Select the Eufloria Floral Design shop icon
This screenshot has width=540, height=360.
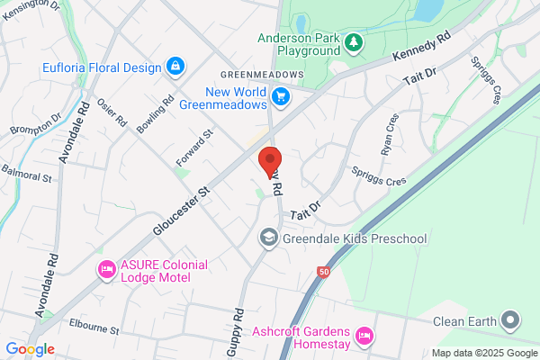pyautogui.click(x=175, y=67)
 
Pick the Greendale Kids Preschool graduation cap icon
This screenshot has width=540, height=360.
pyautogui.click(x=268, y=238)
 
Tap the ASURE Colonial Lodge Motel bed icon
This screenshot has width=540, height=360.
pyautogui.click(x=106, y=269)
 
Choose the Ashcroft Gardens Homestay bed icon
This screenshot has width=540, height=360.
pyautogui.click(x=364, y=336)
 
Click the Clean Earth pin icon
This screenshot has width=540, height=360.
pyautogui.click(x=510, y=320)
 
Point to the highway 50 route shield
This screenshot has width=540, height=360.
pyautogui.click(x=322, y=271)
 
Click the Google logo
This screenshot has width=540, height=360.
pyautogui.click(x=30, y=349)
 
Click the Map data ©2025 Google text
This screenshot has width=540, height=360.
pyautogui.click(x=482, y=352)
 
